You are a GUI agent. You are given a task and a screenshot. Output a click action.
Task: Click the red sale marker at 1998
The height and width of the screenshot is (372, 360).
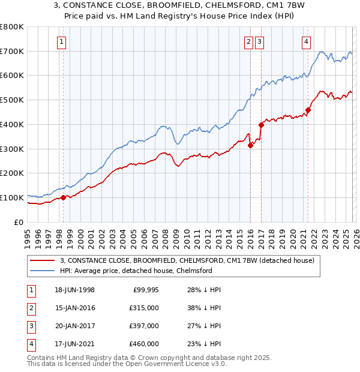[63, 197]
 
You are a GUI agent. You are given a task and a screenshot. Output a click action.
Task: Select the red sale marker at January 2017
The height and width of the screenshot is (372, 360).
[261, 125]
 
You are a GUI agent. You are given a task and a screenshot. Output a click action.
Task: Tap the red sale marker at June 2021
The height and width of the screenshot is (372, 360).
[308, 110]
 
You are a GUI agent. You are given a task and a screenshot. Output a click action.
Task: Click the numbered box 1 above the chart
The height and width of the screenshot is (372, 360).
[62, 41]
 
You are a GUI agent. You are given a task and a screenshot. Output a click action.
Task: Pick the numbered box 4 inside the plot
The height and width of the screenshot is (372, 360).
[306, 41]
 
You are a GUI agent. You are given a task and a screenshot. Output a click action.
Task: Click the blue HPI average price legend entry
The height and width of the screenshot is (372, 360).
[136, 271]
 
